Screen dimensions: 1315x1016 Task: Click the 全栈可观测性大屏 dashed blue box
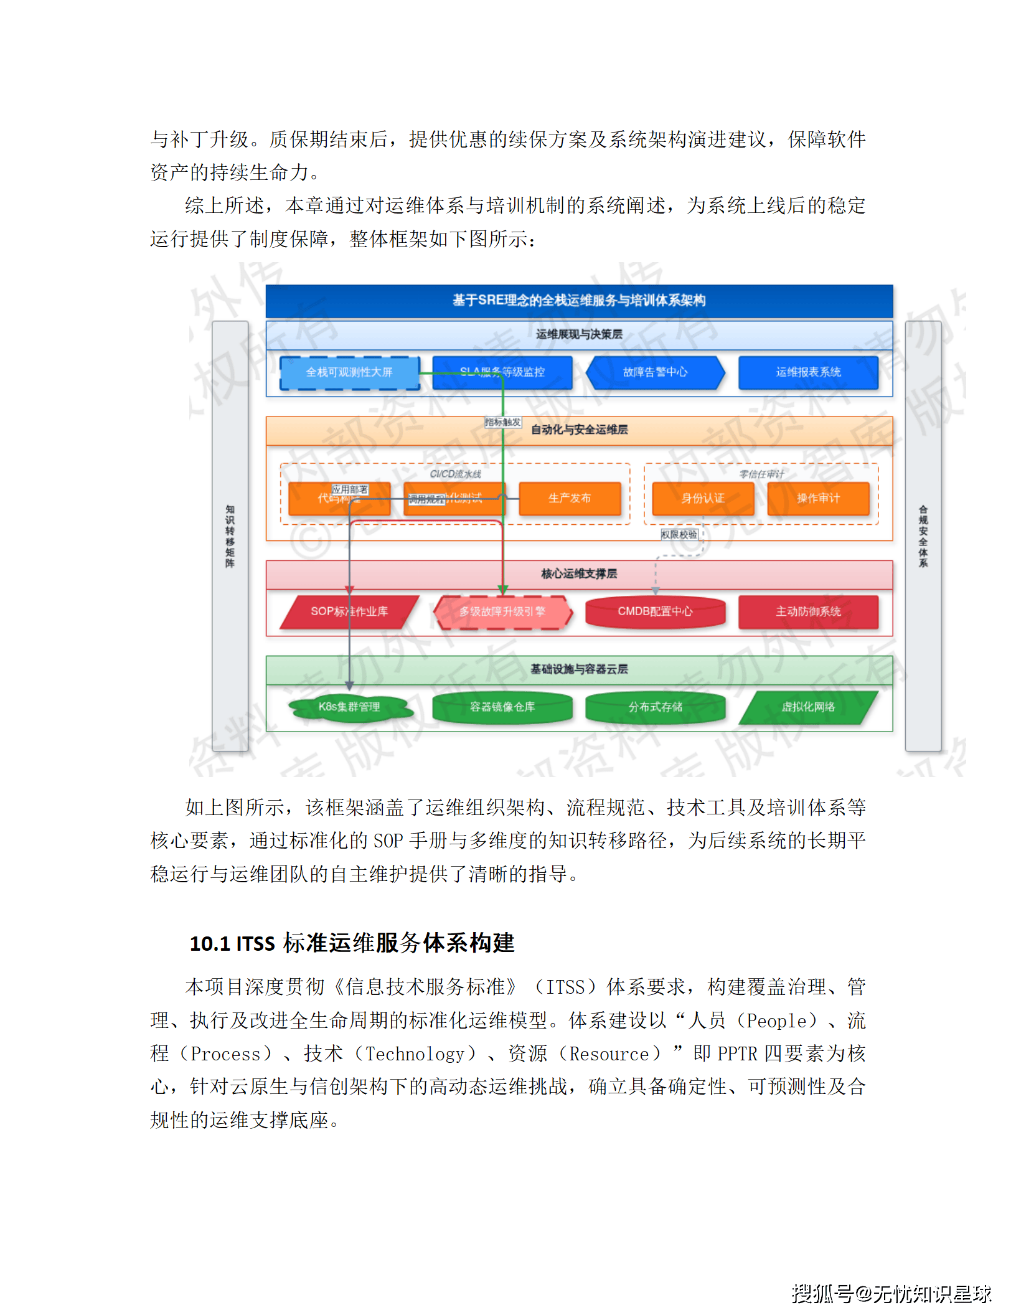(x=349, y=372)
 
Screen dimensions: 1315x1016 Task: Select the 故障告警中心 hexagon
(x=655, y=372)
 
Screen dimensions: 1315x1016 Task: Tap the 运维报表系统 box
(x=808, y=372)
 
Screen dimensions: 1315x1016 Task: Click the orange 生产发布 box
(x=570, y=498)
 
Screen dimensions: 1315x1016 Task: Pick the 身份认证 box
(x=703, y=498)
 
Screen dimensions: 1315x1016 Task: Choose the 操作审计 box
(x=818, y=498)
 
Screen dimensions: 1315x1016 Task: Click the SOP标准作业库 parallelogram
(x=349, y=611)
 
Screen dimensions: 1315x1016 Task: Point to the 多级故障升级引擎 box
(x=502, y=611)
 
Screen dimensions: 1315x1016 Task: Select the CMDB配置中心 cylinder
(x=655, y=611)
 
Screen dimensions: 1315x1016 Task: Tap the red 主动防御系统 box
(x=808, y=611)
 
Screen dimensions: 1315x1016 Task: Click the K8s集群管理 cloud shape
(x=349, y=707)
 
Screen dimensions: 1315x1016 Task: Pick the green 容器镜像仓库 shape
(x=502, y=707)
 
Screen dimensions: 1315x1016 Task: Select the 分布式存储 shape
(x=655, y=707)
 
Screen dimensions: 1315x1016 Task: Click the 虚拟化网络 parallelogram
(x=808, y=707)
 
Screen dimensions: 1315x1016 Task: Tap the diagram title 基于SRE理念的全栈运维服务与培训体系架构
(x=579, y=301)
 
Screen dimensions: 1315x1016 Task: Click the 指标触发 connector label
(x=502, y=422)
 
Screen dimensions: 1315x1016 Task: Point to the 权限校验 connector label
(x=679, y=534)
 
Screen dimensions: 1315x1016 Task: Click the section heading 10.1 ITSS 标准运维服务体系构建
(x=352, y=943)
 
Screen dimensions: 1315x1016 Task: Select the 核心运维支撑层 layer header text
(x=579, y=573)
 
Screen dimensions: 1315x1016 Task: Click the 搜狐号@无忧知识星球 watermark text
(x=891, y=1293)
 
